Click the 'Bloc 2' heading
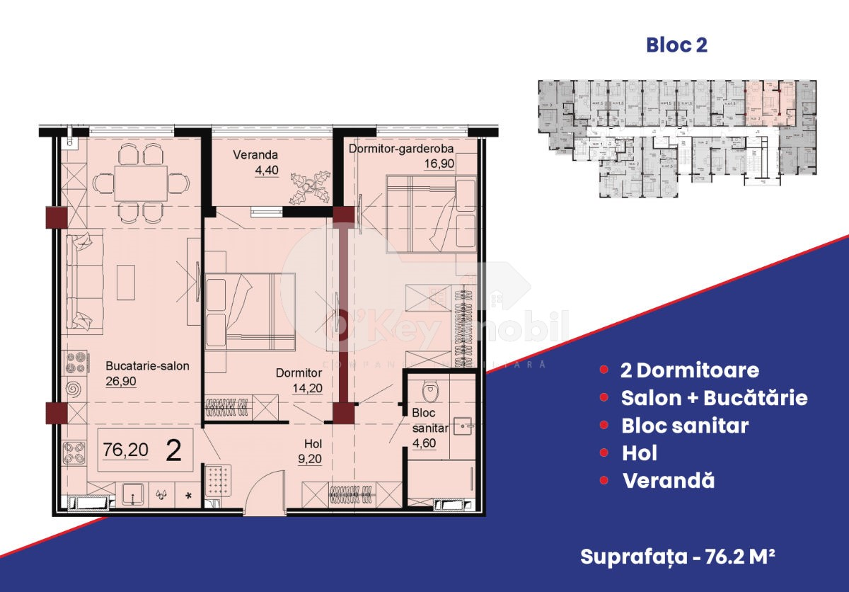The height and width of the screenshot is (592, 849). pos(676,45)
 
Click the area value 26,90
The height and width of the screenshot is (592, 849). pos(120,380)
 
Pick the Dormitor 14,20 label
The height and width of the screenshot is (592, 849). pos(299,380)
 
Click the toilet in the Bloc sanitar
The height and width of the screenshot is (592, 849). pos(428,391)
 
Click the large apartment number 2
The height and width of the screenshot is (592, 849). pos(171,451)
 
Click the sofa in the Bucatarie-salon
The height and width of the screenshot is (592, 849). pos(79,283)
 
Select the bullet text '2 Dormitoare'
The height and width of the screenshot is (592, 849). pos(689,370)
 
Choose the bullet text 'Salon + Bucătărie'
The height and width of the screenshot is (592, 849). pos(714,398)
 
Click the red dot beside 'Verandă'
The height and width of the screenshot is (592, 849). pos(603,481)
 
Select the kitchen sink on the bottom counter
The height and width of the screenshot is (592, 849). pos(132,494)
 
